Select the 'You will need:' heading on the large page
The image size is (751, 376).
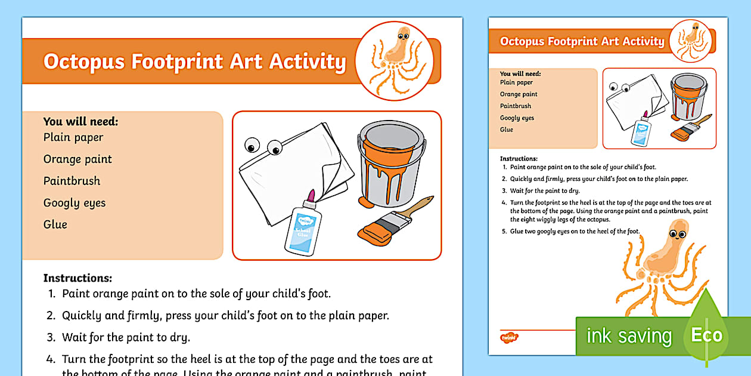click(x=80, y=122)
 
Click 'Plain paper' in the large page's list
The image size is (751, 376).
click(x=73, y=137)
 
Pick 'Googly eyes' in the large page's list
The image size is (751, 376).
click(x=75, y=203)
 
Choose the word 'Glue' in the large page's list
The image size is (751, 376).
click(x=55, y=224)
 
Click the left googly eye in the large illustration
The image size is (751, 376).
click(x=253, y=144)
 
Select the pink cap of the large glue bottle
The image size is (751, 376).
click(x=311, y=195)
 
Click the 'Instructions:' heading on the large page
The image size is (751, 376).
click(x=77, y=278)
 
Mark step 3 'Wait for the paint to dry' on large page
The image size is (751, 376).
click(x=126, y=337)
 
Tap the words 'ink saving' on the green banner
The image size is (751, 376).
click(x=629, y=336)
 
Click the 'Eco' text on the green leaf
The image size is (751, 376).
click(x=706, y=335)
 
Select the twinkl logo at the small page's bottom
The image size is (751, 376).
click(x=509, y=338)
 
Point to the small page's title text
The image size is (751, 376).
click(x=582, y=41)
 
